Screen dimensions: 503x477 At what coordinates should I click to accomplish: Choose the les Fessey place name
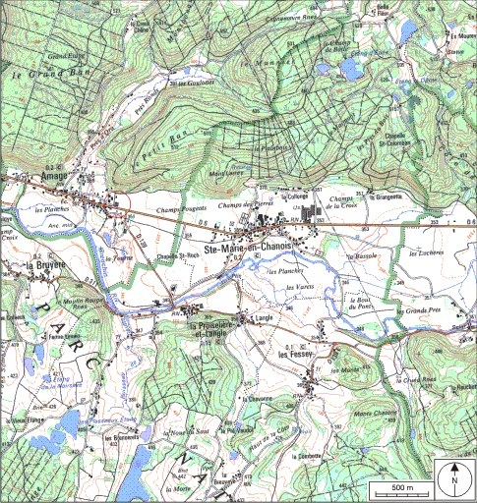(315, 354)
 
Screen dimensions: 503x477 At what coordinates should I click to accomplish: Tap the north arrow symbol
(455, 478)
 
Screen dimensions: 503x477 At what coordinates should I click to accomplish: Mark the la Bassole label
(361, 253)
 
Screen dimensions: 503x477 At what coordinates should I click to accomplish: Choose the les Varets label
(297, 286)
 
